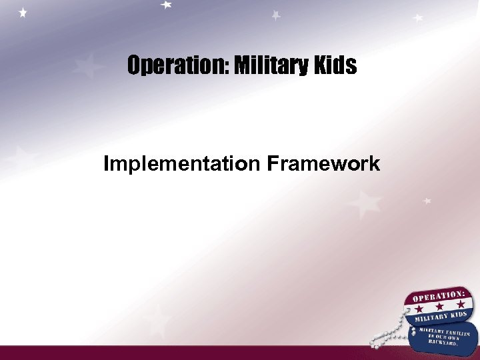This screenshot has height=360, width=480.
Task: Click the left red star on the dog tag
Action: tap(419, 309)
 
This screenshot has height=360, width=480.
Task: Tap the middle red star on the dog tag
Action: tap(439, 305)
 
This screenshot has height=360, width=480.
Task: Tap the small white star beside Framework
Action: tap(427, 200)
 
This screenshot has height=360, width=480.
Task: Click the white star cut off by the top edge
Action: tap(166, 4)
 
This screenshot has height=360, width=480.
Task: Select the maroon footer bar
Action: tap(200, 353)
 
